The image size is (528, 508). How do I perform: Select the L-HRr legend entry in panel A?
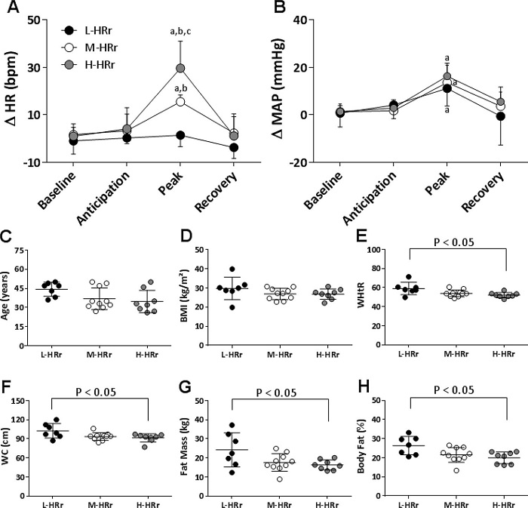click(87, 30)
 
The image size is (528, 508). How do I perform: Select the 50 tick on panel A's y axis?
click(32, 20)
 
